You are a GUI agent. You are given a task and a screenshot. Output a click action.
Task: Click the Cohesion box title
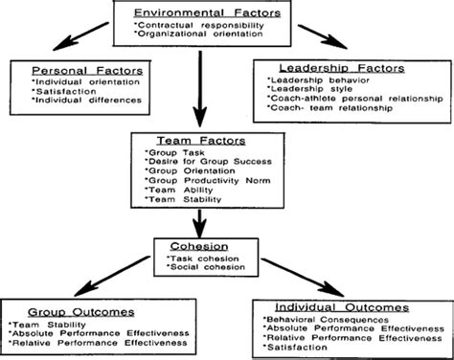coord(194,246)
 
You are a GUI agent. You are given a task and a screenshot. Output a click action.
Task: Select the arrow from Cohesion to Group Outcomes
coord(96,278)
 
